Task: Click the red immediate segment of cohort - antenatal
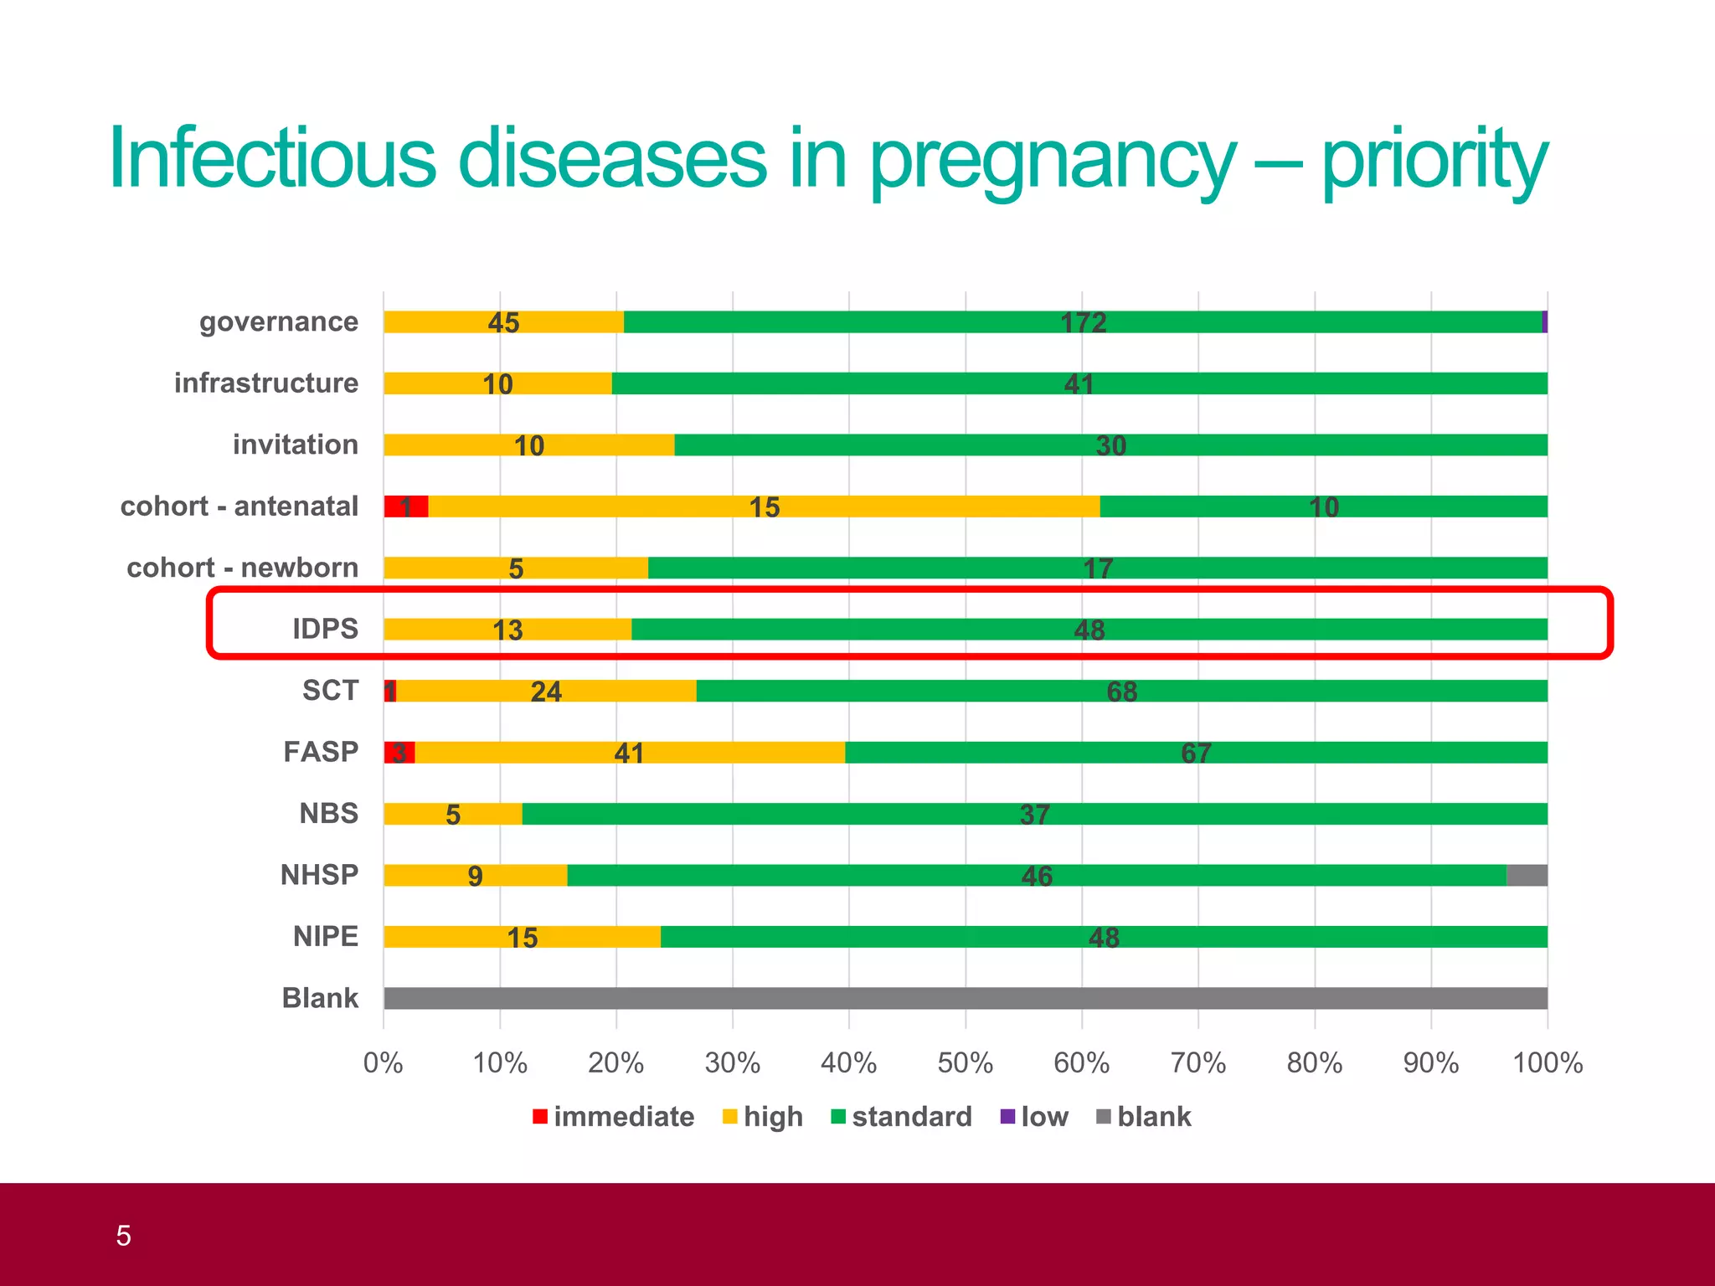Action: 406,507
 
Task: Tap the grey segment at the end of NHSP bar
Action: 1527,876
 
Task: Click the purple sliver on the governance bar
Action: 1544,322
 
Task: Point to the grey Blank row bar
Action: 965,998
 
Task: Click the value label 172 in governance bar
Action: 1083,323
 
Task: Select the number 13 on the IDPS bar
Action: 507,630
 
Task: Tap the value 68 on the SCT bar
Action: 1121,692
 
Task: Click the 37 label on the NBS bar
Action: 1034,815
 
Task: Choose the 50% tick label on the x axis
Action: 965,1063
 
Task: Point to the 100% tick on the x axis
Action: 1547,1063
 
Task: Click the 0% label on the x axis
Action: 384,1063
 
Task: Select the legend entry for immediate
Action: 614,1117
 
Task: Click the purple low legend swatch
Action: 1007,1117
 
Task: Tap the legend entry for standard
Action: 901,1117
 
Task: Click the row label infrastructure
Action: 266,383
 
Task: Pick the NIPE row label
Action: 325,936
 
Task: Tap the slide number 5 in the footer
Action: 124,1236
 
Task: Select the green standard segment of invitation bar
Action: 1110,445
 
